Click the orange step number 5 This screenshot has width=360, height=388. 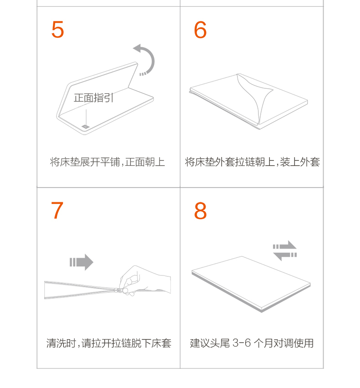coord(58,30)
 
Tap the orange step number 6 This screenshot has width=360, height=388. coord(201,30)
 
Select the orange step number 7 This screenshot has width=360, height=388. coord(57,210)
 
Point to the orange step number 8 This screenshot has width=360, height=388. coord(201,210)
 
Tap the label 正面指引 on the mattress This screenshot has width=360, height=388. coord(93,98)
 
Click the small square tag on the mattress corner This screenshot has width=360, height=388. coord(85,127)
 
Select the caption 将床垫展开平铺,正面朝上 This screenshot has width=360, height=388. coord(108,162)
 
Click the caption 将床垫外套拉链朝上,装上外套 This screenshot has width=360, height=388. coord(252,162)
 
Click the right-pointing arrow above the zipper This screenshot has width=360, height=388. coord(82,262)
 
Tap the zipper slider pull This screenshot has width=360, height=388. coord(119,290)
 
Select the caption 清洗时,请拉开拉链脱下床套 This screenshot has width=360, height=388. coord(109,343)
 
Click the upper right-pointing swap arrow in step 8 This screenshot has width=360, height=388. coord(285,245)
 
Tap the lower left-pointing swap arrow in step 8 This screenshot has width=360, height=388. coord(285,255)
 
